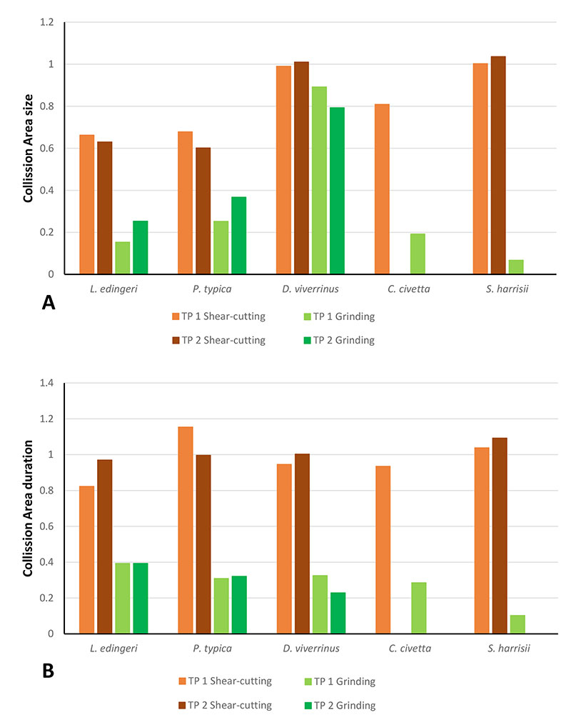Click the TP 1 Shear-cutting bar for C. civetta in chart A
point(382,189)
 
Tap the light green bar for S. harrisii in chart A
point(515,266)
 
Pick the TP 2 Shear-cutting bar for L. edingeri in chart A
point(105,208)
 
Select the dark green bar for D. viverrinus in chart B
point(337,613)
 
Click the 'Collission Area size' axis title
point(29,149)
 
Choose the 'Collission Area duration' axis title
point(29,509)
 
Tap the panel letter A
point(49,304)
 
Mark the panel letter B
point(49,671)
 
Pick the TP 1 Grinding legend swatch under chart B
point(299,681)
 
